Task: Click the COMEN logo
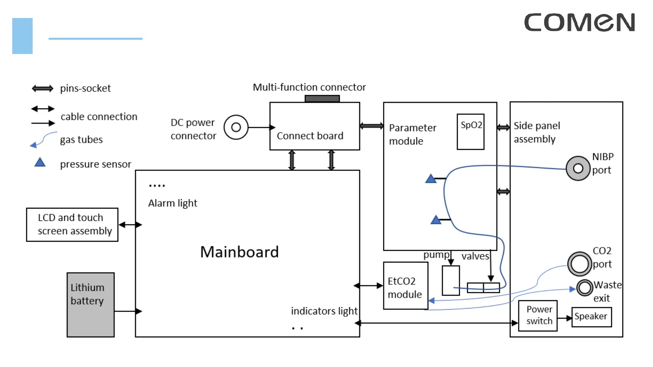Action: (x=579, y=22)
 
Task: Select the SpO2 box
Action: (x=470, y=132)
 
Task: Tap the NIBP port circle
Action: (x=578, y=168)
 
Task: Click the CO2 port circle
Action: (x=580, y=264)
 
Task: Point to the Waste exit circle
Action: (x=585, y=287)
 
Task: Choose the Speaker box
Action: (x=591, y=317)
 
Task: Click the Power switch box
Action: (x=538, y=316)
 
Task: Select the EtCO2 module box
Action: (x=405, y=285)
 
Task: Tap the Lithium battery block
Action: (x=90, y=304)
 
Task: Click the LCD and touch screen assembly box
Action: (x=72, y=225)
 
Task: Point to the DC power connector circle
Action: (x=236, y=127)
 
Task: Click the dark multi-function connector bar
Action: (x=322, y=99)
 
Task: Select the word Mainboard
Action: (x=239, y=252)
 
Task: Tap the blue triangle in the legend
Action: (x=40, y=162)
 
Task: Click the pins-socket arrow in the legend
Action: (x=43, y=89)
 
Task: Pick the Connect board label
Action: (x=310, y=136)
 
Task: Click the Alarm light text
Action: (x=172, y=203)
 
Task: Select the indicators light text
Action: (x=324, y=311)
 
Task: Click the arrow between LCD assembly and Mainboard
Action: (x=130, y=225)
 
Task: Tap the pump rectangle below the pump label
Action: (x=451, y=280)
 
